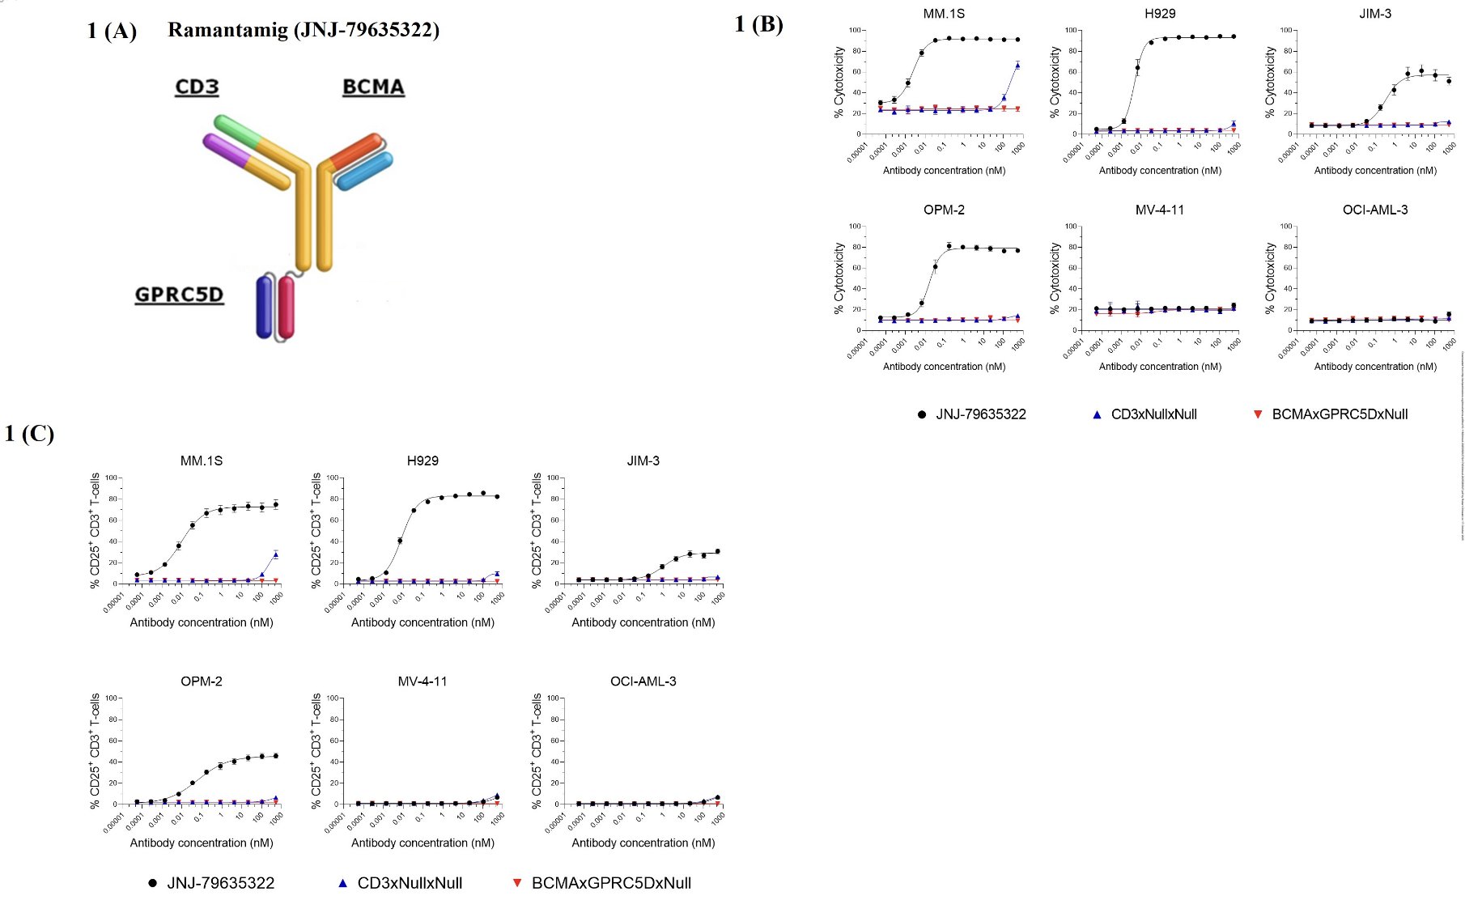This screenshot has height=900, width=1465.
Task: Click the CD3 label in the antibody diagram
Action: coord(197,87)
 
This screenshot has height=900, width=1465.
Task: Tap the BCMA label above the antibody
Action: coord(373,87)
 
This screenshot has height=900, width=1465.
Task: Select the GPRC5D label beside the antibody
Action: coord(179,294)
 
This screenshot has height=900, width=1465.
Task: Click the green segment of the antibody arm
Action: coord(236,130)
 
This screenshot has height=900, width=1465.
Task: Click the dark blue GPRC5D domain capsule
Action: coord(264,307)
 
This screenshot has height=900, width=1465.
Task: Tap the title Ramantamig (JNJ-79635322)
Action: coord(304,30)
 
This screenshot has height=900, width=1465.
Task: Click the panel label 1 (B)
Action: coord(758,23)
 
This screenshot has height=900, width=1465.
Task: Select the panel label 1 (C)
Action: coord(29,433)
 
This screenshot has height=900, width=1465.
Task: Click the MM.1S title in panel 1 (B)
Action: coord(944,14)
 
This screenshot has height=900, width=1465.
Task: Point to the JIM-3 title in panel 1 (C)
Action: coord(643,461)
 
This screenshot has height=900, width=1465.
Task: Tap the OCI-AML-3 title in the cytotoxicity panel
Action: coord(1374,210)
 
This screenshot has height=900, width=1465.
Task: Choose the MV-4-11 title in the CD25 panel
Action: coord(422,681)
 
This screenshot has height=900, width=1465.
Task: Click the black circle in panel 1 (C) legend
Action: coord(152,883)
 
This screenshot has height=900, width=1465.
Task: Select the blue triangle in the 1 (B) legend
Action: coord(1097,414)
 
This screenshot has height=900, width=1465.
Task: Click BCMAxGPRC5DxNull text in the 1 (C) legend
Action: coord(611,883)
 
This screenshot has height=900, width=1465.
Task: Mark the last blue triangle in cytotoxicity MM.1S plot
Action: coord(1017,65)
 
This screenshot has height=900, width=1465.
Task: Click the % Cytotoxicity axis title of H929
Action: coord(1055,82)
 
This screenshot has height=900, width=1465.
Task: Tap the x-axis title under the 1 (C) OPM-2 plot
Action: coord(202,843)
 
